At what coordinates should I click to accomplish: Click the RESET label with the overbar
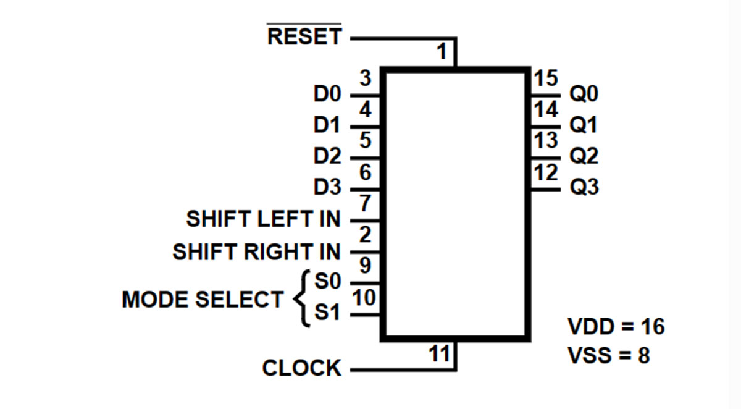click(304, 36)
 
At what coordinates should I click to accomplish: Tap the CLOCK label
click(301, 368)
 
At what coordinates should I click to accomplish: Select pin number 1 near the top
click(442, 52)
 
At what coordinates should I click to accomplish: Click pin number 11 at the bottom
click(439, 354)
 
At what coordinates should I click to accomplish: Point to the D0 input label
click(327, 95)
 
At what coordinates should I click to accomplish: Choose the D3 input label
click(327, 187)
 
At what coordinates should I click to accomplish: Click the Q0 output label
click(584, 94)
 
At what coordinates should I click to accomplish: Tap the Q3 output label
click(584, 187)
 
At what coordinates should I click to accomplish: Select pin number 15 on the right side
click(545, 79)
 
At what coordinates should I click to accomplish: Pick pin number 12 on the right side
click(545, 173)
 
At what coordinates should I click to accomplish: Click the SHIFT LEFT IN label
click(263, 219)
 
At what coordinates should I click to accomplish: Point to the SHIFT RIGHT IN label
click(256, 251)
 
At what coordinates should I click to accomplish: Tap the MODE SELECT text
click(202, 300)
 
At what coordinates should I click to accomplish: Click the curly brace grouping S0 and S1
click(301, 299)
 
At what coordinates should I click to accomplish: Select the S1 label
click(327, 314)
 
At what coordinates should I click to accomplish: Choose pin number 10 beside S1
click(364, 298)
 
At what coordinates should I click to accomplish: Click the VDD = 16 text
click(616, 326)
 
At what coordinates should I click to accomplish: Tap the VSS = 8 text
click(608, 356)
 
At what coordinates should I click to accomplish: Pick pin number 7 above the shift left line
click(365, 203)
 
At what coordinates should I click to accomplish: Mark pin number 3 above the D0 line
click(366, 79)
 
